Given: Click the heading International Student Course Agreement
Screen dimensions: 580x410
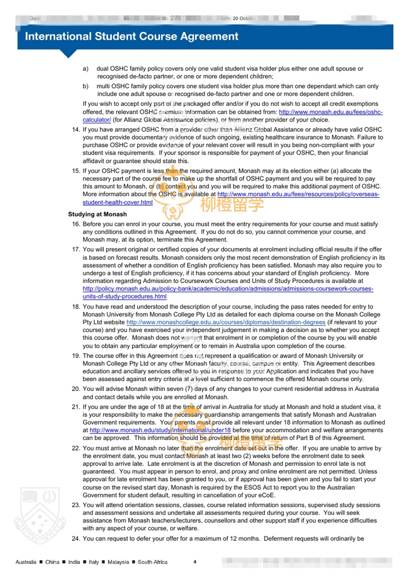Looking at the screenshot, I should point(131,36).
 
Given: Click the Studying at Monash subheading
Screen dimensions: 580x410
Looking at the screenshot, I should point(97,214).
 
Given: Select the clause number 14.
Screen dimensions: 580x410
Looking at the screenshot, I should point(76,129).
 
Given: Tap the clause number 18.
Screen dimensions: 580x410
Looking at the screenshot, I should point(76,307).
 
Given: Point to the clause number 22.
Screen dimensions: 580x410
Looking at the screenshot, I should point(76,448).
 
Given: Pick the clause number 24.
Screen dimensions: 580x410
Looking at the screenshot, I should point(76,538).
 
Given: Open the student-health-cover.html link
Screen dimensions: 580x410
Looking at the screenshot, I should point(117,202).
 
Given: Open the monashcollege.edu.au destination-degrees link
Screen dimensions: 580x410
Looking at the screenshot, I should point(226,322).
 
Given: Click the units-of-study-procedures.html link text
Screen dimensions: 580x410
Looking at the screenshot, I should point(124,296).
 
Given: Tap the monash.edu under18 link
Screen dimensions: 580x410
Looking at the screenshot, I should point(160,430).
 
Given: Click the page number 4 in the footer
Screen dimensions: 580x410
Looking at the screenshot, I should point(195,562).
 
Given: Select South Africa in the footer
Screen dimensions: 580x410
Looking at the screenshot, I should point(153,562).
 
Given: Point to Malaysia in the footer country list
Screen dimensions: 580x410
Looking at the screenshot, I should point(118,562).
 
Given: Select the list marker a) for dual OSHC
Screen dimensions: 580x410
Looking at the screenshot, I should point(86,69).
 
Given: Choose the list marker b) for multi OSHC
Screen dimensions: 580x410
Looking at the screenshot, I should point(86,86).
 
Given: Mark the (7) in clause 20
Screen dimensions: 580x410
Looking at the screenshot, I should point(189,389).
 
